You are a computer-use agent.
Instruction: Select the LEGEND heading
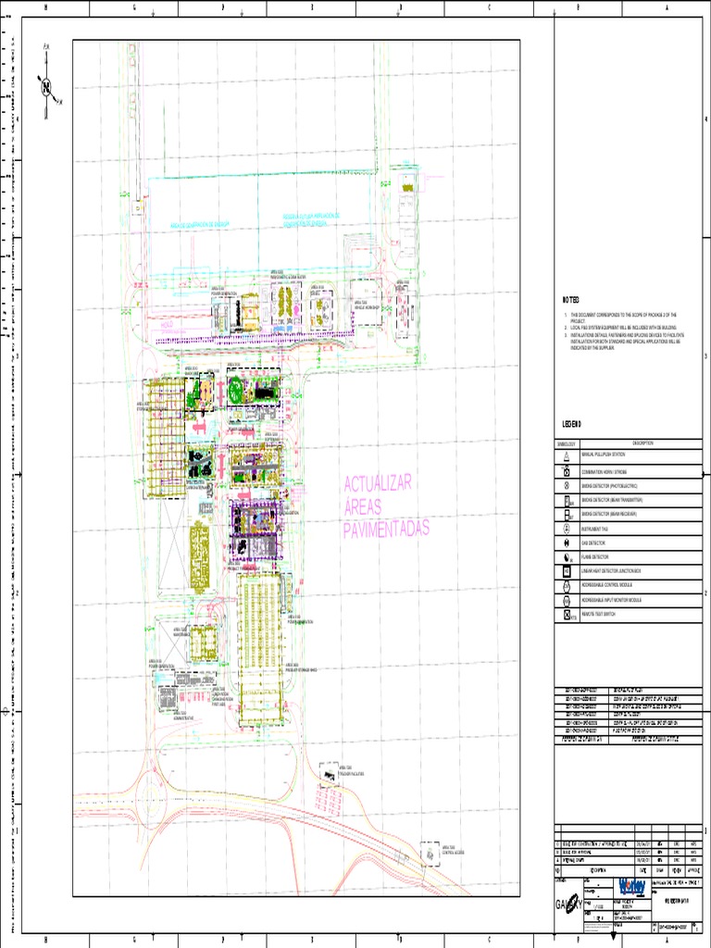(x=571, y=423)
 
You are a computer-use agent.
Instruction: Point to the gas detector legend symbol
(x=566, y=543)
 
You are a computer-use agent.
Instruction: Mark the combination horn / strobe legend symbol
(x=566, y=470)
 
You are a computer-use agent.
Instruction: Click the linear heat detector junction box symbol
(x=566, y=572)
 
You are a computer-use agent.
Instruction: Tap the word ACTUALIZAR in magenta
(x=377, y=484)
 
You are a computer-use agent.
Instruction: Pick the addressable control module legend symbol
(x=566, y=586)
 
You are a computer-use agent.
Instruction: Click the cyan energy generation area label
(x=199, y=224)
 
